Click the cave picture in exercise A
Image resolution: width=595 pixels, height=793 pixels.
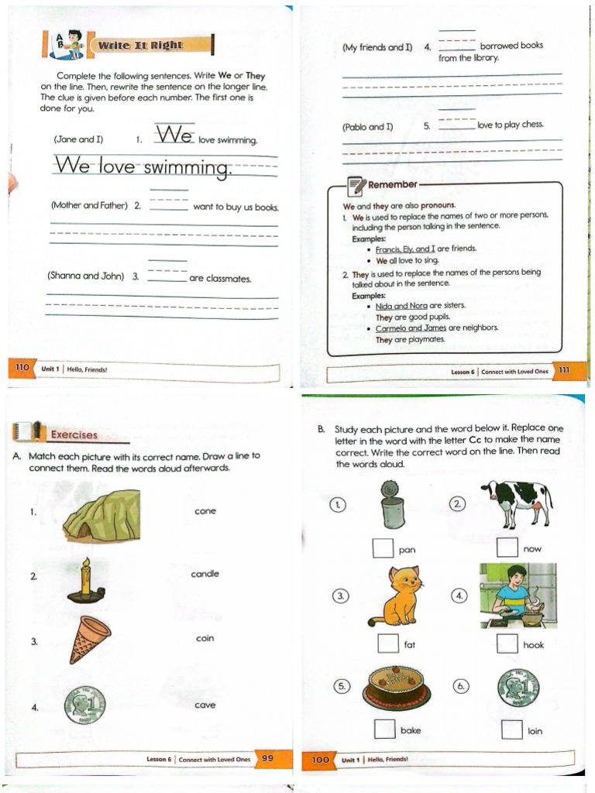pyautogui.click(x=101, y=516)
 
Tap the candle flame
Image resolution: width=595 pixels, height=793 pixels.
pyautogui.click(x=86, y=563)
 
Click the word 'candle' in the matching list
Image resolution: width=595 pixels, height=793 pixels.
pyautogui.click(x=205, y=574)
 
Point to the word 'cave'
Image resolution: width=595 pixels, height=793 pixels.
pyautogui.click(x=205, y=705)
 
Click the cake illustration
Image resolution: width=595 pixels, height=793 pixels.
pyautogui.click(x=397, y=687)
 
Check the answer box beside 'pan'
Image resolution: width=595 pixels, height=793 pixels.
pyautogui.click(x=383, y=548)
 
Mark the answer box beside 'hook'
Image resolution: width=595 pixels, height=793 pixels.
pyautogui.click(x=507, y=644)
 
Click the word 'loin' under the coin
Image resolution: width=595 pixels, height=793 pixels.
pyautogui.click(x=535, y=731)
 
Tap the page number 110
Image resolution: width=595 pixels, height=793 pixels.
pyautogui.click(x=22, y=367)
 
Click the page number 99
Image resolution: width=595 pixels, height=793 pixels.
pyautogui.click(x=267, y=758)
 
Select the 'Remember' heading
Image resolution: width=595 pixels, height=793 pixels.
pyautogui.click(x=393, y=184)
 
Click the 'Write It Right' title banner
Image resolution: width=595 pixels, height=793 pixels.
pyautogui.click(x=150, y=45)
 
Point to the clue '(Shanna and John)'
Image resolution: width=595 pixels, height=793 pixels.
pyautogui.click(x=85, y=276)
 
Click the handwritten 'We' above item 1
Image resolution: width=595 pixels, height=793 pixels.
pyautogui.click(x=174, y=134)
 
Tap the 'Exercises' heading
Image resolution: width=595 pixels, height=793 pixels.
pyautogui.click(x=74, y=435)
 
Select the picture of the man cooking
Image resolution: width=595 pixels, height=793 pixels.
pyautogui.click(x=518, y=596)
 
